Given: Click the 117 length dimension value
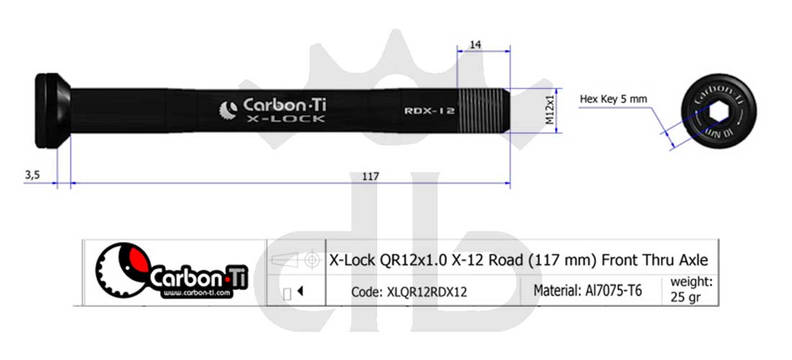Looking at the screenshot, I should (x=370, y=176).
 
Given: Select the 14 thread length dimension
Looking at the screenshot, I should (x=475, y=45).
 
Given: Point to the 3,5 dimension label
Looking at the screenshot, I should (x=32, y=174).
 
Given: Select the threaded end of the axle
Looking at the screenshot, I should (x=484, y=109).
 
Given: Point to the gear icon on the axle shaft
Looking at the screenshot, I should (x=228, y=110).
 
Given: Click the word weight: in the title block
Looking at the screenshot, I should (x=691, y=281).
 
